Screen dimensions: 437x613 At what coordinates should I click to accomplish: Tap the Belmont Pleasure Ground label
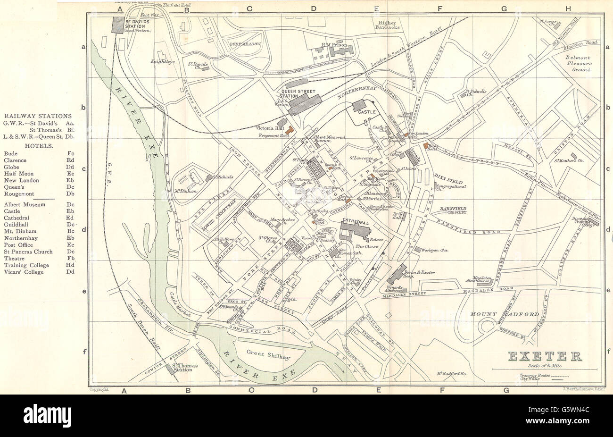[578, 63]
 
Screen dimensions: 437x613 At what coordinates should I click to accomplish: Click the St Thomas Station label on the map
[182, 367]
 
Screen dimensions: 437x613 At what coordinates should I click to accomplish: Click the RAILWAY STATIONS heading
[38, 116]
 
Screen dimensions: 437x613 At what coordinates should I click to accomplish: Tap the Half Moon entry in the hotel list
[19, 173]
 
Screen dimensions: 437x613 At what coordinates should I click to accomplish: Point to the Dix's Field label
[449, 182]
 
